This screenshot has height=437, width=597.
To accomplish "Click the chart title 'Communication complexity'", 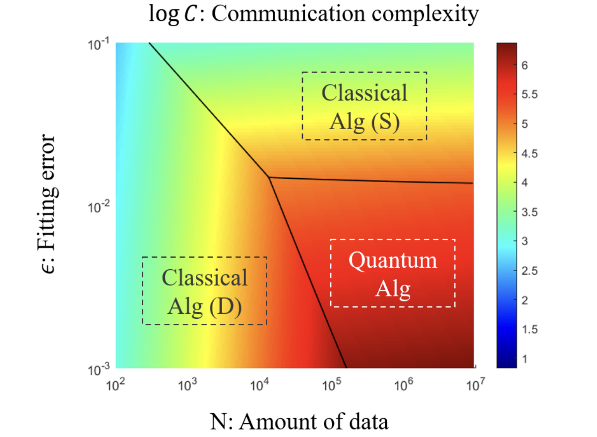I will click(x=313, y=14).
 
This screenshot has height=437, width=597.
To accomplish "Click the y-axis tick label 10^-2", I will click(x=99, y=206).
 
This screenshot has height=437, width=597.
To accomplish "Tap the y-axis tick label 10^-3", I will click(x=99, y=368).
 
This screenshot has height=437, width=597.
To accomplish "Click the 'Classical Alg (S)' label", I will click(x=364, y=106).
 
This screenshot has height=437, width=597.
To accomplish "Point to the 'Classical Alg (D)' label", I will click(x=204, y=291).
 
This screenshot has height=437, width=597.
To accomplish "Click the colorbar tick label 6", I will click(x=526, y=66).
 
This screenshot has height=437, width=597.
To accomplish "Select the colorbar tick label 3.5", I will click(x=529, y=212).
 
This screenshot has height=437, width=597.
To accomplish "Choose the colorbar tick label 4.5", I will click(x=529, y=153).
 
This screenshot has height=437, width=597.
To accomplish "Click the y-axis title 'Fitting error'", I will click(x=51, y=205).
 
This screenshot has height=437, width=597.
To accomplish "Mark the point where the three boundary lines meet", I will click(x=268, y=177).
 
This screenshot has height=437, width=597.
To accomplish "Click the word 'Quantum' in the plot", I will click(x=393, y=260).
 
